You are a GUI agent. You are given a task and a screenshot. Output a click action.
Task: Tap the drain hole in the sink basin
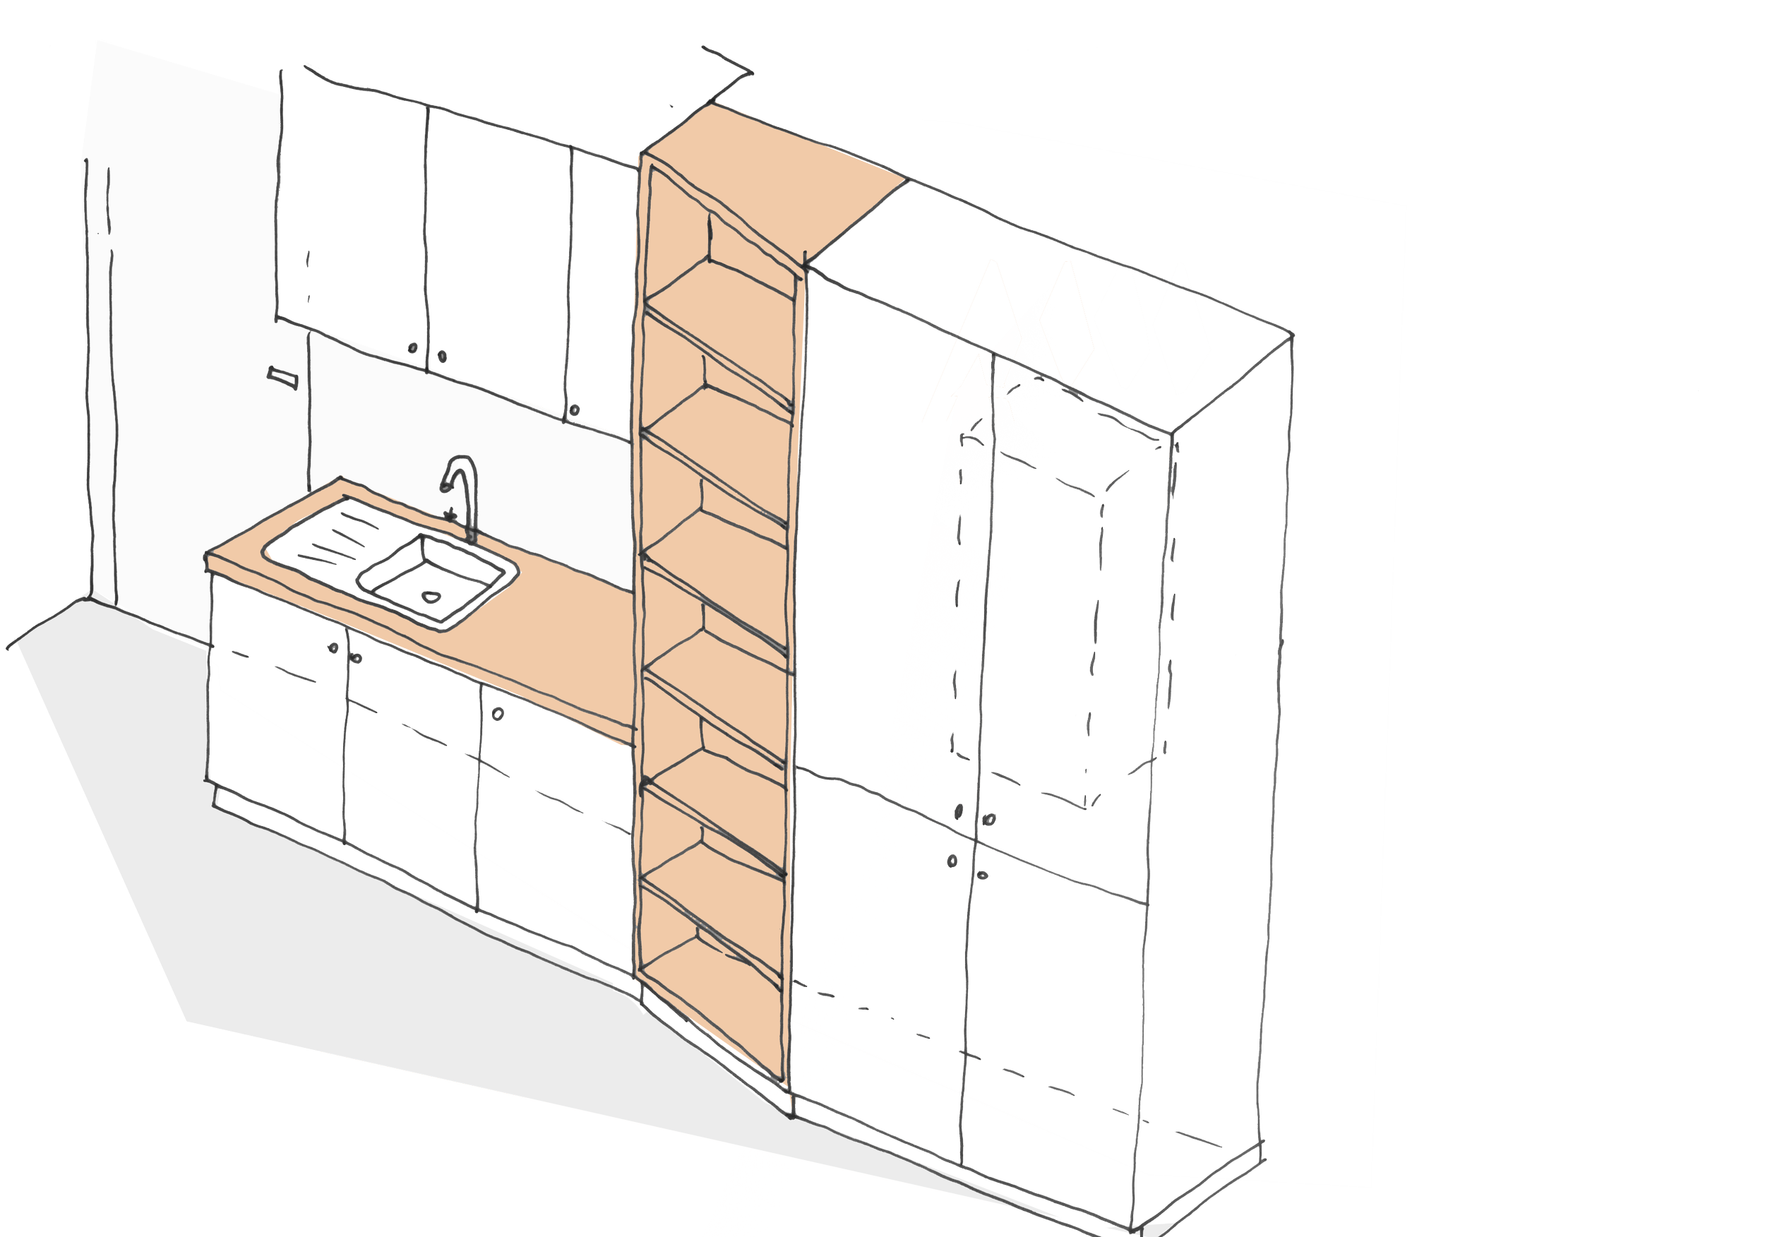click(x=431, y=596)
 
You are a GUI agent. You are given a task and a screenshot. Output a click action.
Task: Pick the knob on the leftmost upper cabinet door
click(x=414, y=347)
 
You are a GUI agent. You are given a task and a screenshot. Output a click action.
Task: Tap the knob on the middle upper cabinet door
click(x=442, y=356)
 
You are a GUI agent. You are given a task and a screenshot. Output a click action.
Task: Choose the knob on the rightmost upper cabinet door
click(x=575, y=410)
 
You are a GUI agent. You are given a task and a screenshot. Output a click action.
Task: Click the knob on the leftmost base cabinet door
click(x=334, y=647)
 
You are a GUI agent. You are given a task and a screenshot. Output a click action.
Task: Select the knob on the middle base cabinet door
click(x=357, y=658)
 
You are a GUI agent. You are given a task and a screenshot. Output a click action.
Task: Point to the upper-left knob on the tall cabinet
click(x=959, y=811)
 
